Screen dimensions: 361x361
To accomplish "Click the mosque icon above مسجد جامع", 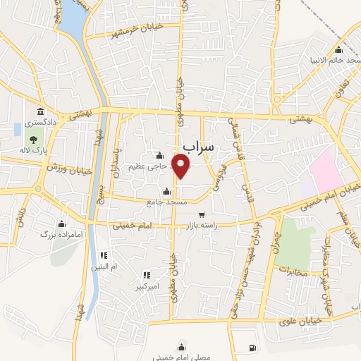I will tap(167, 191).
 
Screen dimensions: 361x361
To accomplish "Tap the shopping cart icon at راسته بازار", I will tap(202, 215).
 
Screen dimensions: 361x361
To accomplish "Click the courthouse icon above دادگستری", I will tap(40, 112).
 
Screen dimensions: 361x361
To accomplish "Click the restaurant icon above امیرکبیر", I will tap(146, 276).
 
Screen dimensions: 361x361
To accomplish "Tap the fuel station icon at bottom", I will tap(252, 348).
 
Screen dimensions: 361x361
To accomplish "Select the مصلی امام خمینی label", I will tap(182, 357).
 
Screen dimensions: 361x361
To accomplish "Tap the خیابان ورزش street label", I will tap(64, 168).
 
